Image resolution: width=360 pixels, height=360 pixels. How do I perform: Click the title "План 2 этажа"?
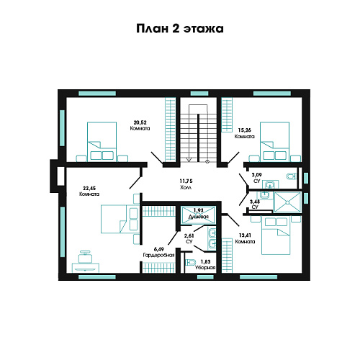(180, 29)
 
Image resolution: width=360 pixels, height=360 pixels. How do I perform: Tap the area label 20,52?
(140, 122)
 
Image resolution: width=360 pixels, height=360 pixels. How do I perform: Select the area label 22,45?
(89, 188)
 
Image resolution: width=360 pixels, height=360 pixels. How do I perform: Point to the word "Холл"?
(186, 187)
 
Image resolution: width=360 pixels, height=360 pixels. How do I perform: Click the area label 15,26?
(245, 130)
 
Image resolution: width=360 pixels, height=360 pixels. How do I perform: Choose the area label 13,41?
(245, 235)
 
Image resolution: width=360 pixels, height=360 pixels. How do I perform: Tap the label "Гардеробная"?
(158, 255)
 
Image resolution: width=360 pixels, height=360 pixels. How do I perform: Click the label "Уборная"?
(205, 267)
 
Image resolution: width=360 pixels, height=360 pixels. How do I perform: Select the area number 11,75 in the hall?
(186, 181)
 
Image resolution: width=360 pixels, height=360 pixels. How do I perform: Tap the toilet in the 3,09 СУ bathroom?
(292, 176)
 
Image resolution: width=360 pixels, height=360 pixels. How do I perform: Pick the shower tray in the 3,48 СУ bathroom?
(287, 202)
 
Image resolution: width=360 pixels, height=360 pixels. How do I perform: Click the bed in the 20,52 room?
(102, 142)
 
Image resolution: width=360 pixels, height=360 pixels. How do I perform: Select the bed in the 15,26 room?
(275, 142)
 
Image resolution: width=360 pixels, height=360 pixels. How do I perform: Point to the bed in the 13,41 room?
(276, 235)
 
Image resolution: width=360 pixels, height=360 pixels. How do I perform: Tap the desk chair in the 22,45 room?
(85, 257)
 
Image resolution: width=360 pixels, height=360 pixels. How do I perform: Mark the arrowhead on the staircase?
(189, 159)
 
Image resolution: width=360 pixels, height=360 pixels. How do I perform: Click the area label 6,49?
(159, 249)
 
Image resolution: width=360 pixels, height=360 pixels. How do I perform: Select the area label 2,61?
(189, 236)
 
